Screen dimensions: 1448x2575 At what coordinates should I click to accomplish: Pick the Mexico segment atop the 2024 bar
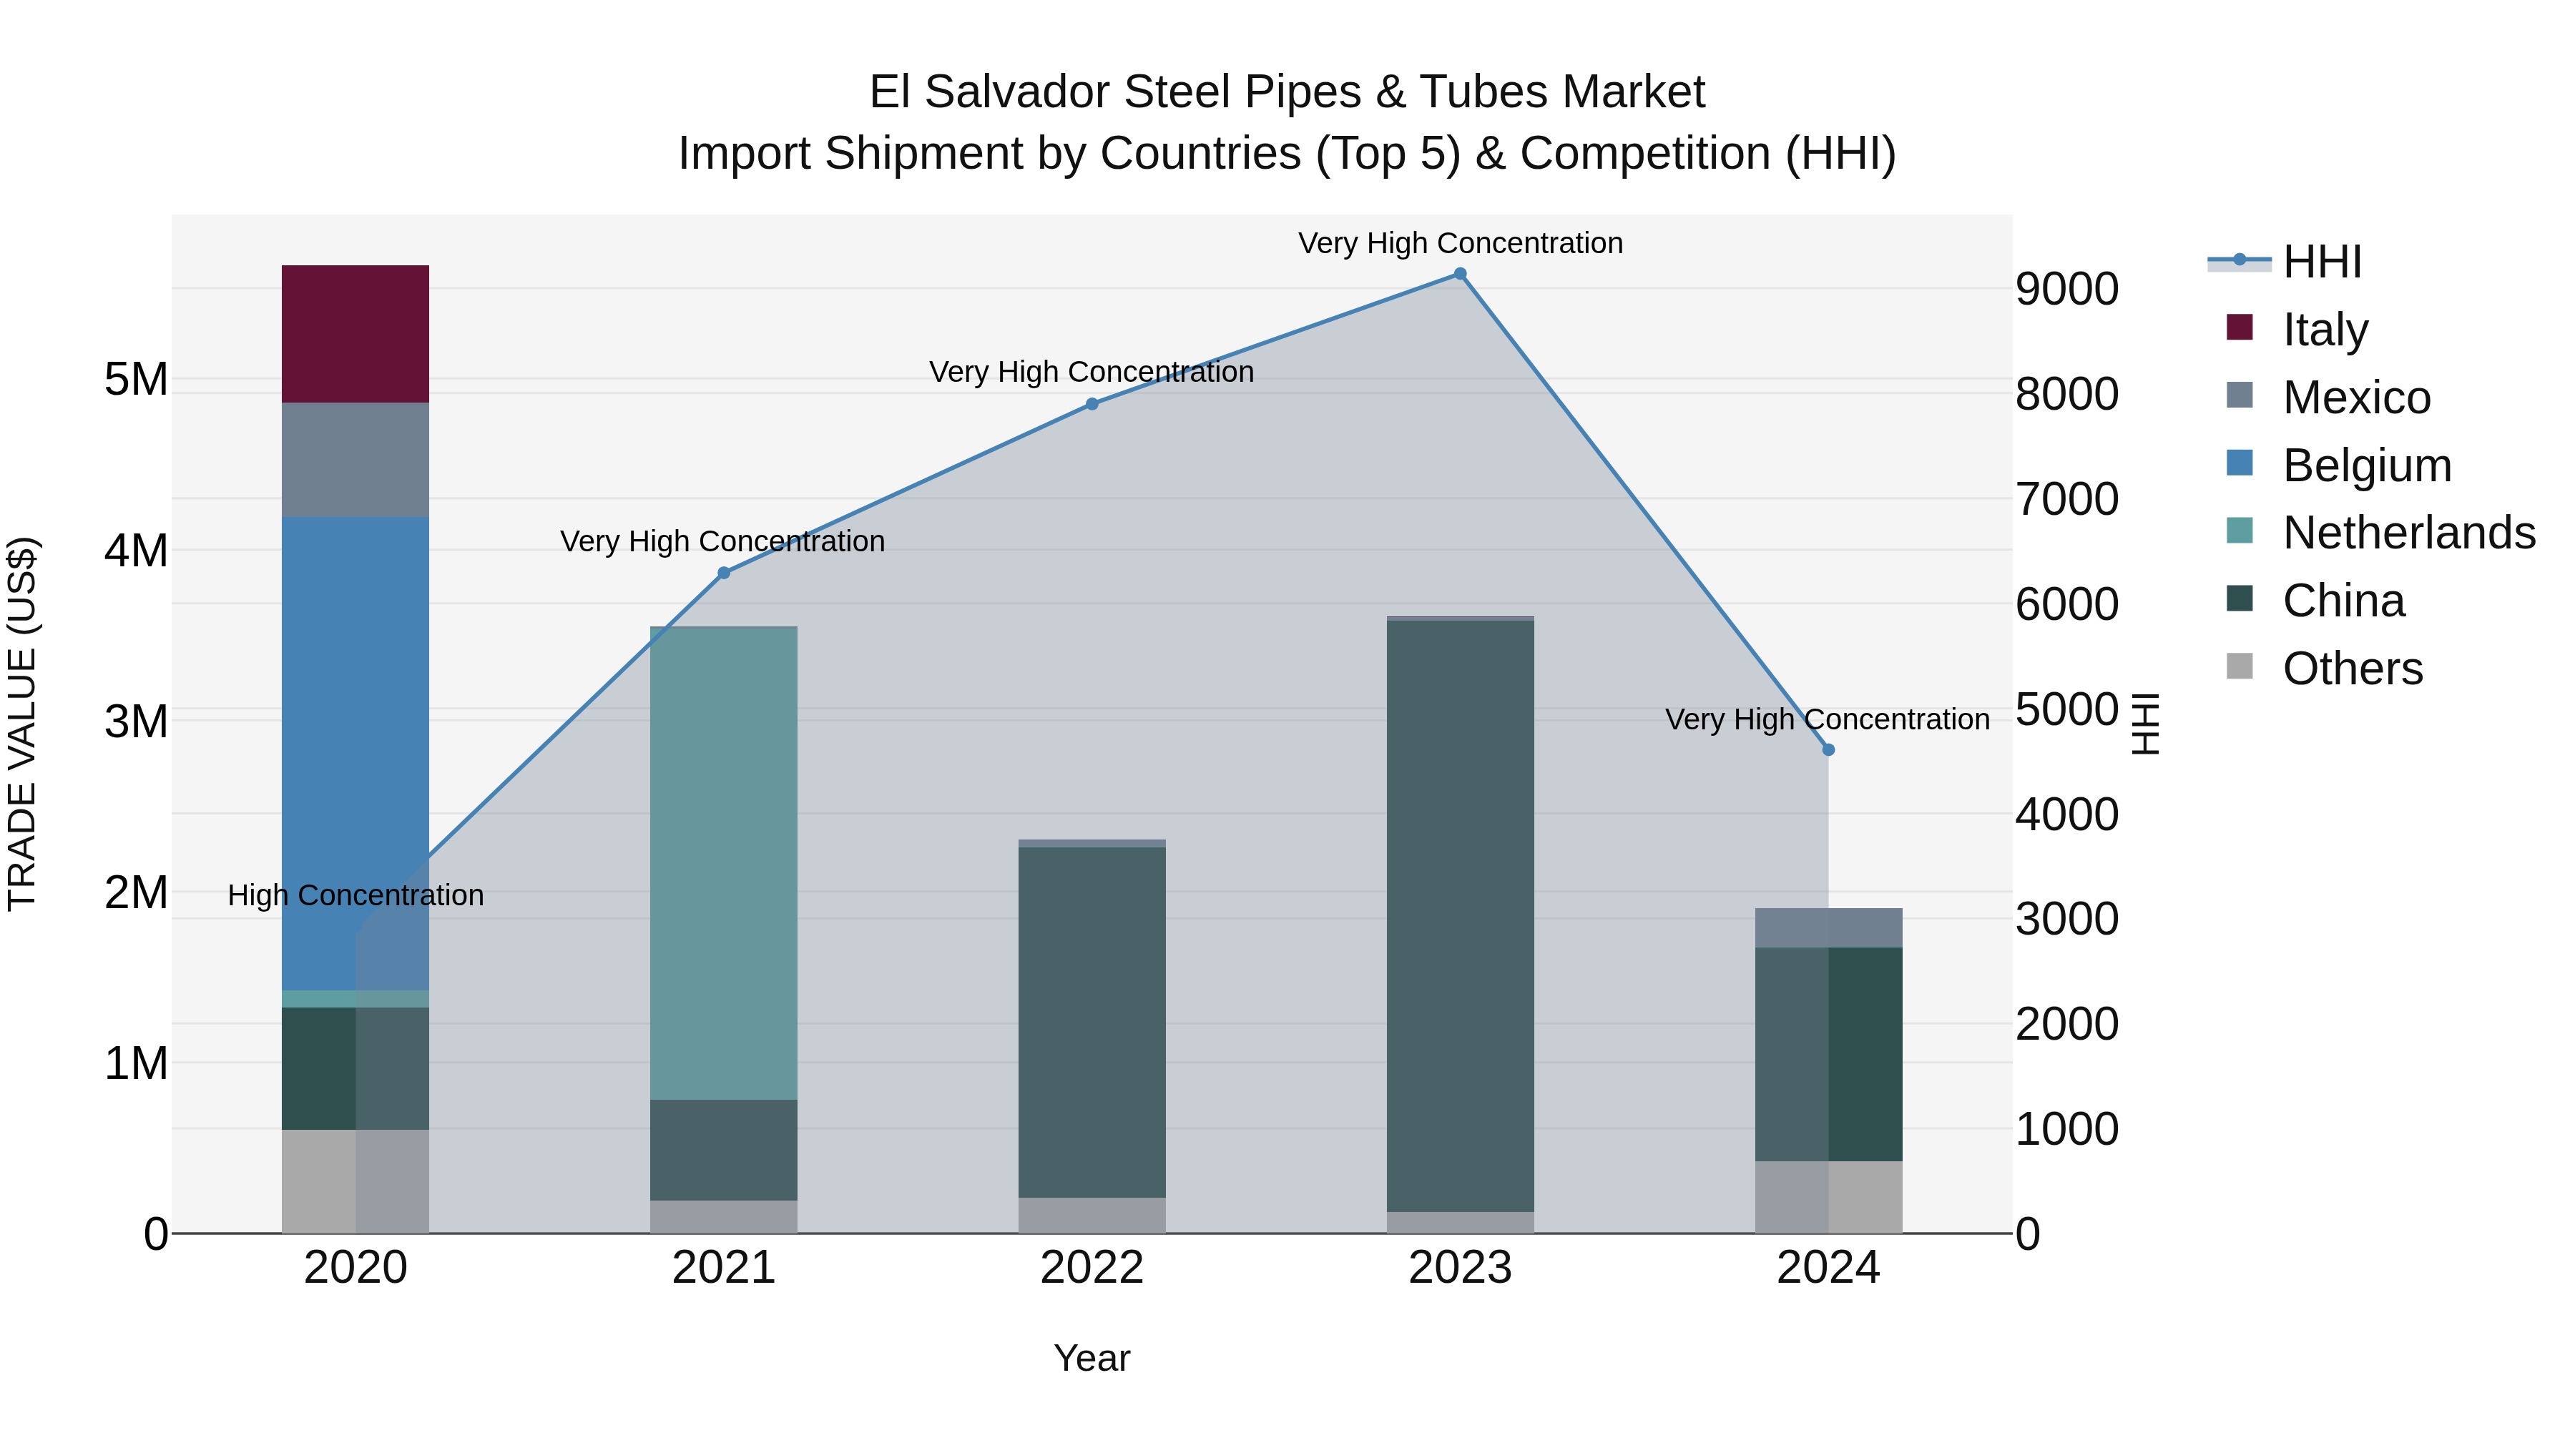point(1828,927)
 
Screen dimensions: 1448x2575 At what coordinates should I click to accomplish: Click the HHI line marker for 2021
point(724,573)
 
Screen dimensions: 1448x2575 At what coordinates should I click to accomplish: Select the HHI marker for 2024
point(1828,749)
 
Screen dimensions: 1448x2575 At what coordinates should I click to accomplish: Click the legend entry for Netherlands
point(2408,533)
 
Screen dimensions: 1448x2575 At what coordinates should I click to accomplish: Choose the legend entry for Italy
point(2325,330)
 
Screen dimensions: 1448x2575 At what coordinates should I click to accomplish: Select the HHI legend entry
point(2321,262)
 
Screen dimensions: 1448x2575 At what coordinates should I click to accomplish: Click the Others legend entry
point(2352,669)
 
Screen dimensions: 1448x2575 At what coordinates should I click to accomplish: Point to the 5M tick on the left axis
point(136,380)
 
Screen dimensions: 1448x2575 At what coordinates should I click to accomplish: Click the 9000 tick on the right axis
point(2066,289)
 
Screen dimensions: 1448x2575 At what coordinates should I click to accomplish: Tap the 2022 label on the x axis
point(1092,1268)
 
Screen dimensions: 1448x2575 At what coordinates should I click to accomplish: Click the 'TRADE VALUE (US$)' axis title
point(22,724)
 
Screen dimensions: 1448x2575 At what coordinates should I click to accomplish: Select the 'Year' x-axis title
point(1092,1358)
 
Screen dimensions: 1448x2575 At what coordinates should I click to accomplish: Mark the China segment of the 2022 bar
point(1092,1021)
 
